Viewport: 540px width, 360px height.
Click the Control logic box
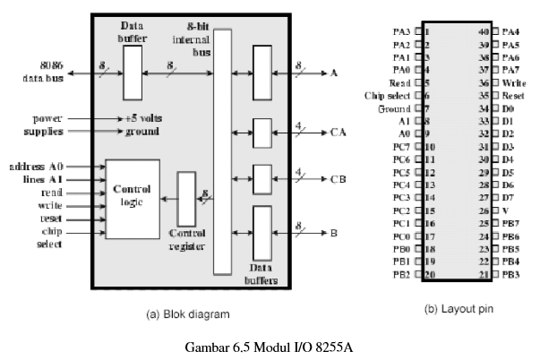[x=133, y=199]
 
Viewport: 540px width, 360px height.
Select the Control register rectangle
[x=186, y=199]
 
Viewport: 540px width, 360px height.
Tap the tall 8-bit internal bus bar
[x=222, y=152]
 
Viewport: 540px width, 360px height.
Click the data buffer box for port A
[x=262, y=73]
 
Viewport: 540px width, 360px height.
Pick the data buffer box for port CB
[x=262, y=179]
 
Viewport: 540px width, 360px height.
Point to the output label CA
[x=339, y=133]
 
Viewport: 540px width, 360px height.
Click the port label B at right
[x=334, y=233]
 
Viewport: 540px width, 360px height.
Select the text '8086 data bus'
[x=43, y=72]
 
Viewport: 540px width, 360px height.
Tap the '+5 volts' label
[x=143, y=118]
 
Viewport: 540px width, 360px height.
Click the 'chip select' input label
[x=50, y=237]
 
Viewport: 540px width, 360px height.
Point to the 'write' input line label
[x=50, y=206]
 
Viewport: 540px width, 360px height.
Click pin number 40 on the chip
[x=484, y=31]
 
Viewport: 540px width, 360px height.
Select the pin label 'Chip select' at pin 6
[x=388, y=96]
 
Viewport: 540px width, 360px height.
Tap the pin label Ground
[x=394, y=109]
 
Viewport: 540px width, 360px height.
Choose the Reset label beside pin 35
[x=513, y=96]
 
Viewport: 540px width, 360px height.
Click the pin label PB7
[x=510, y=223]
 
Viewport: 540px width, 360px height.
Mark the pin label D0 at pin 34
[x=508, y=109]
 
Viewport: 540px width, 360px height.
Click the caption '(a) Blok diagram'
[x=188, y=314]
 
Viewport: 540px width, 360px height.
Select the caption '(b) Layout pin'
[x=459, y=309]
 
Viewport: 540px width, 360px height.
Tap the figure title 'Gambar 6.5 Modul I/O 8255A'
[x=269, y=347]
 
